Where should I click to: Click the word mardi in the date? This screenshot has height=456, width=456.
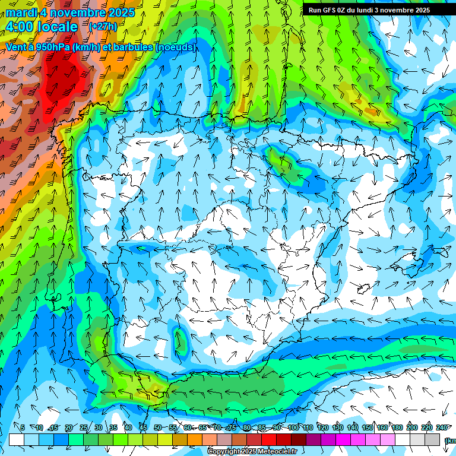22,12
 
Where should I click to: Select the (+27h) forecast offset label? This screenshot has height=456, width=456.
103,27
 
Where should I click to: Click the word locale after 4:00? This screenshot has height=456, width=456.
57,27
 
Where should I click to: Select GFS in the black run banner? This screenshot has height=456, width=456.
330,10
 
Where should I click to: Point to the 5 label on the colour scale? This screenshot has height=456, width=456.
23,427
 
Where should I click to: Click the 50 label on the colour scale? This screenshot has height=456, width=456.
157,427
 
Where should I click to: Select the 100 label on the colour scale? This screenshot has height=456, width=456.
293,427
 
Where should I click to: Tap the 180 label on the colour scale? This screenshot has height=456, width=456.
397,427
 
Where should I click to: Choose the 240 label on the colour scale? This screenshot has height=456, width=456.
442,427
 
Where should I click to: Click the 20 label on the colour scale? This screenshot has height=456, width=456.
68,427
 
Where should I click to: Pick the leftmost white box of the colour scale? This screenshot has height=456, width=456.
17,439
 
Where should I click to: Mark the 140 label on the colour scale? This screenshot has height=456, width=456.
353,427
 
